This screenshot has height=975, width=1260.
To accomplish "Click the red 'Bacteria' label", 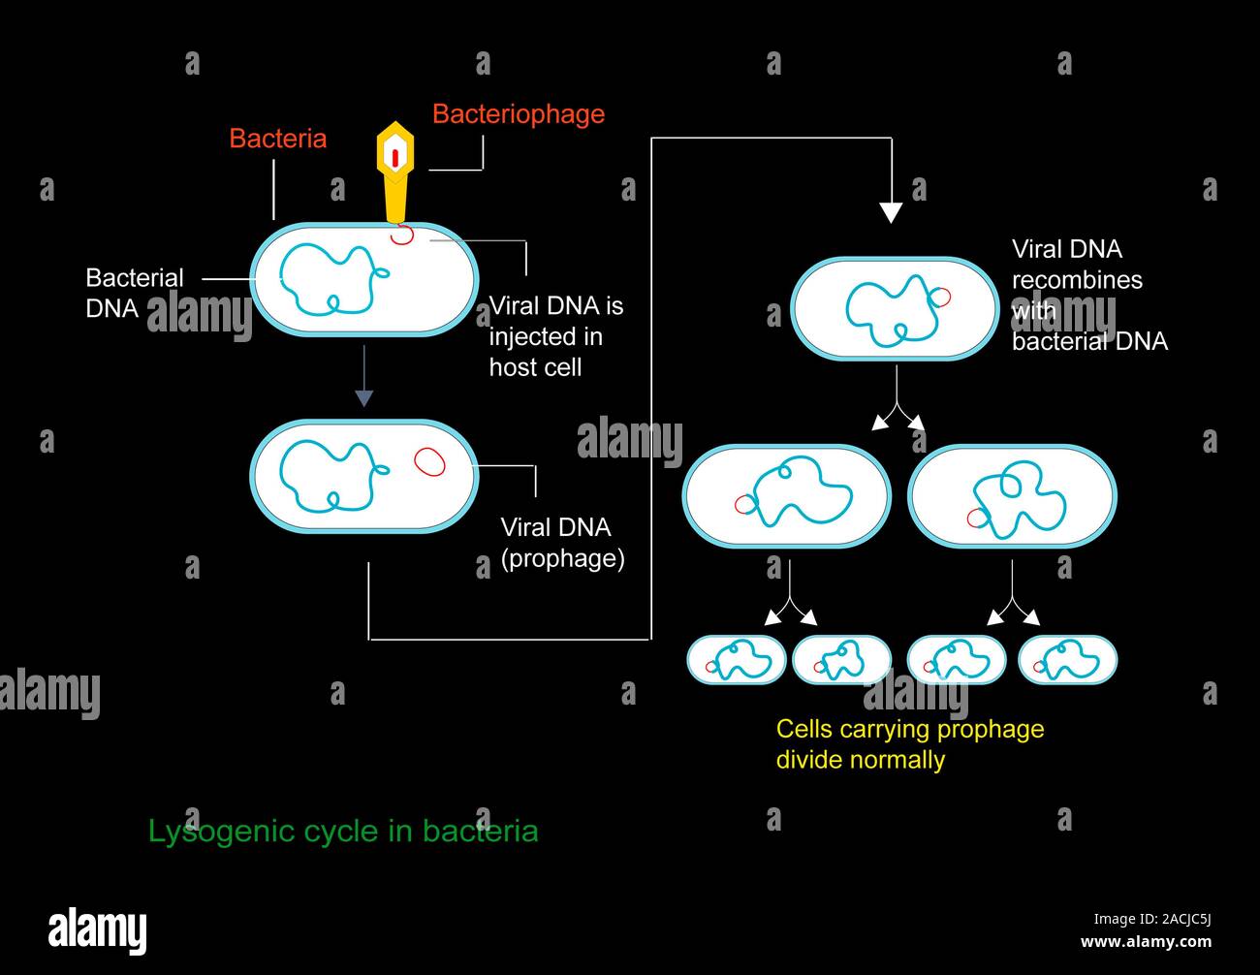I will point(277,139).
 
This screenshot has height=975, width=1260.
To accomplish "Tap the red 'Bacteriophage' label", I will point(518,114).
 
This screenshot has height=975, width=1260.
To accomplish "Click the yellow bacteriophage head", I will point(395,154).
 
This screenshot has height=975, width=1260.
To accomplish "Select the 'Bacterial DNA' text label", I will point(134,293).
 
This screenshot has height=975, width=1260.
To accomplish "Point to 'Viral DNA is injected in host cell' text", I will point(555,336).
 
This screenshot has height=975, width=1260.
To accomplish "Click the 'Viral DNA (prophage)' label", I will point(561,543).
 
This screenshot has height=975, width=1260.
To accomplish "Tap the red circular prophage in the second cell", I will point(429,462).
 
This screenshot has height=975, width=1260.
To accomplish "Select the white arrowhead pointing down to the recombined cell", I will point(890,212).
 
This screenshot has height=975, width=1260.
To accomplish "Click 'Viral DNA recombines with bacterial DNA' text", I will point(1088,295).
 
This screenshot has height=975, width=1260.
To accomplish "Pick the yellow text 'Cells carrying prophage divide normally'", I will point(909,743).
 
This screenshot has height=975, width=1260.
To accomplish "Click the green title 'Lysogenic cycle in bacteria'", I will point(342,832).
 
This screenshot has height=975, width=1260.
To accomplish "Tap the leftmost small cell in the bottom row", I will point(736,660).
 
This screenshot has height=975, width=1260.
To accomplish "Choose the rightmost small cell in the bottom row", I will point(1067,660).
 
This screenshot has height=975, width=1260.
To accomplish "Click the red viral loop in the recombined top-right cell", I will point(940,297).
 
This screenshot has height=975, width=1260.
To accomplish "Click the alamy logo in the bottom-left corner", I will point(98,930).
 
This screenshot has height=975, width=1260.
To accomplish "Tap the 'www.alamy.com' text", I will point(1146,942).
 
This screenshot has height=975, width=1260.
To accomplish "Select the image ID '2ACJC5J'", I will point(1179,919).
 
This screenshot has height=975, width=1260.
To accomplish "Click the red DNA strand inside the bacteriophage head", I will point(395,156).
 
